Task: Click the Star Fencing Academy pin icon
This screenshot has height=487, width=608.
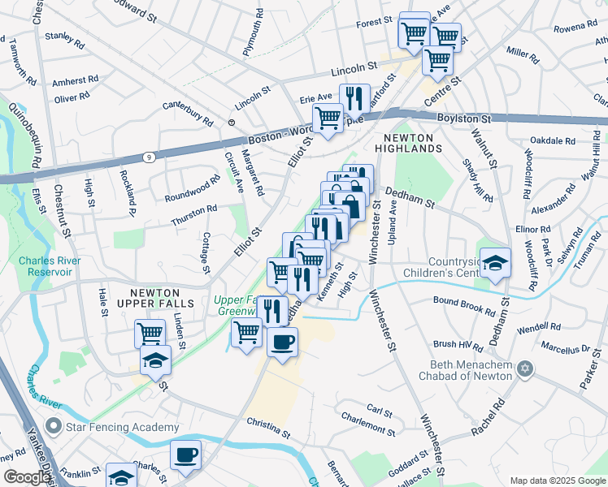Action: point(54,425)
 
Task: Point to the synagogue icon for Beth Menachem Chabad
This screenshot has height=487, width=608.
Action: point(525,369)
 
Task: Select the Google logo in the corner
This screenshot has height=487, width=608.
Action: point(26,477)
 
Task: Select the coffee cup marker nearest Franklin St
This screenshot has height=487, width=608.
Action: point(185,455)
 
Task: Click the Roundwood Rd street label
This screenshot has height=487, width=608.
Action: point(192,188)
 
